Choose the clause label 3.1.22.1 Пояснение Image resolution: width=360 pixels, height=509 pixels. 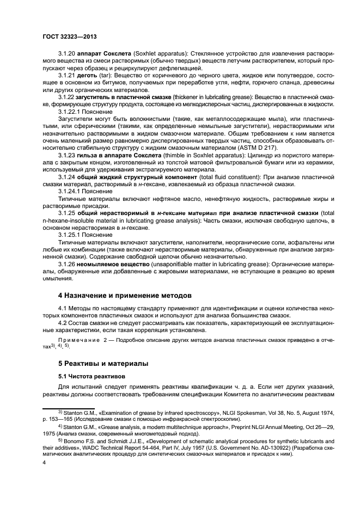point(86,111)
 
